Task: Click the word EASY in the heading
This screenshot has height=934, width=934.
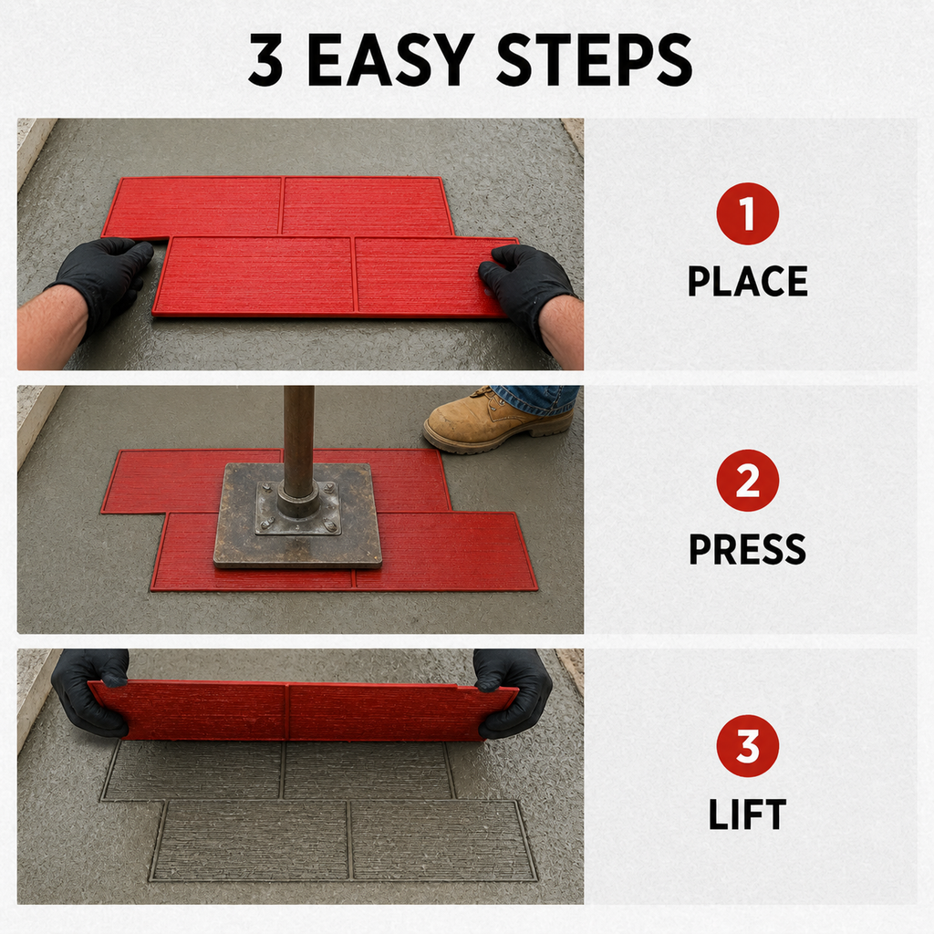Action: coord(390,59)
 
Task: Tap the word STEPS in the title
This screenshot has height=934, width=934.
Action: coord(594,59)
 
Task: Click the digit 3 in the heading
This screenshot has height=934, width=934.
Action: coord(265,59)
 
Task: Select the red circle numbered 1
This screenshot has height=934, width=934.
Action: coord(748,213)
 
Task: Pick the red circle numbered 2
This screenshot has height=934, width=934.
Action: coord(748,481)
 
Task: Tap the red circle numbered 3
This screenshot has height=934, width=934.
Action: coord(748,746)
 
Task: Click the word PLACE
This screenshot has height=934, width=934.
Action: coord(748,281)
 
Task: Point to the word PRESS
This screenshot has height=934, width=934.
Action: coord(748,548)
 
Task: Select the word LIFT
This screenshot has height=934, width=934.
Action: coord(748,815)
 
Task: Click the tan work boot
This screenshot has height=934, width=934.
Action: coord(497,420)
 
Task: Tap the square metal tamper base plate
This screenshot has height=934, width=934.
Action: coord(298,515)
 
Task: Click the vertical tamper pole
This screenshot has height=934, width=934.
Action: coord(298,444)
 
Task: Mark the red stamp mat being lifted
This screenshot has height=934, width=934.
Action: coord(304,711)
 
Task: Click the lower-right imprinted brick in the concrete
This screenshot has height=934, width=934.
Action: coord(441,840)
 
